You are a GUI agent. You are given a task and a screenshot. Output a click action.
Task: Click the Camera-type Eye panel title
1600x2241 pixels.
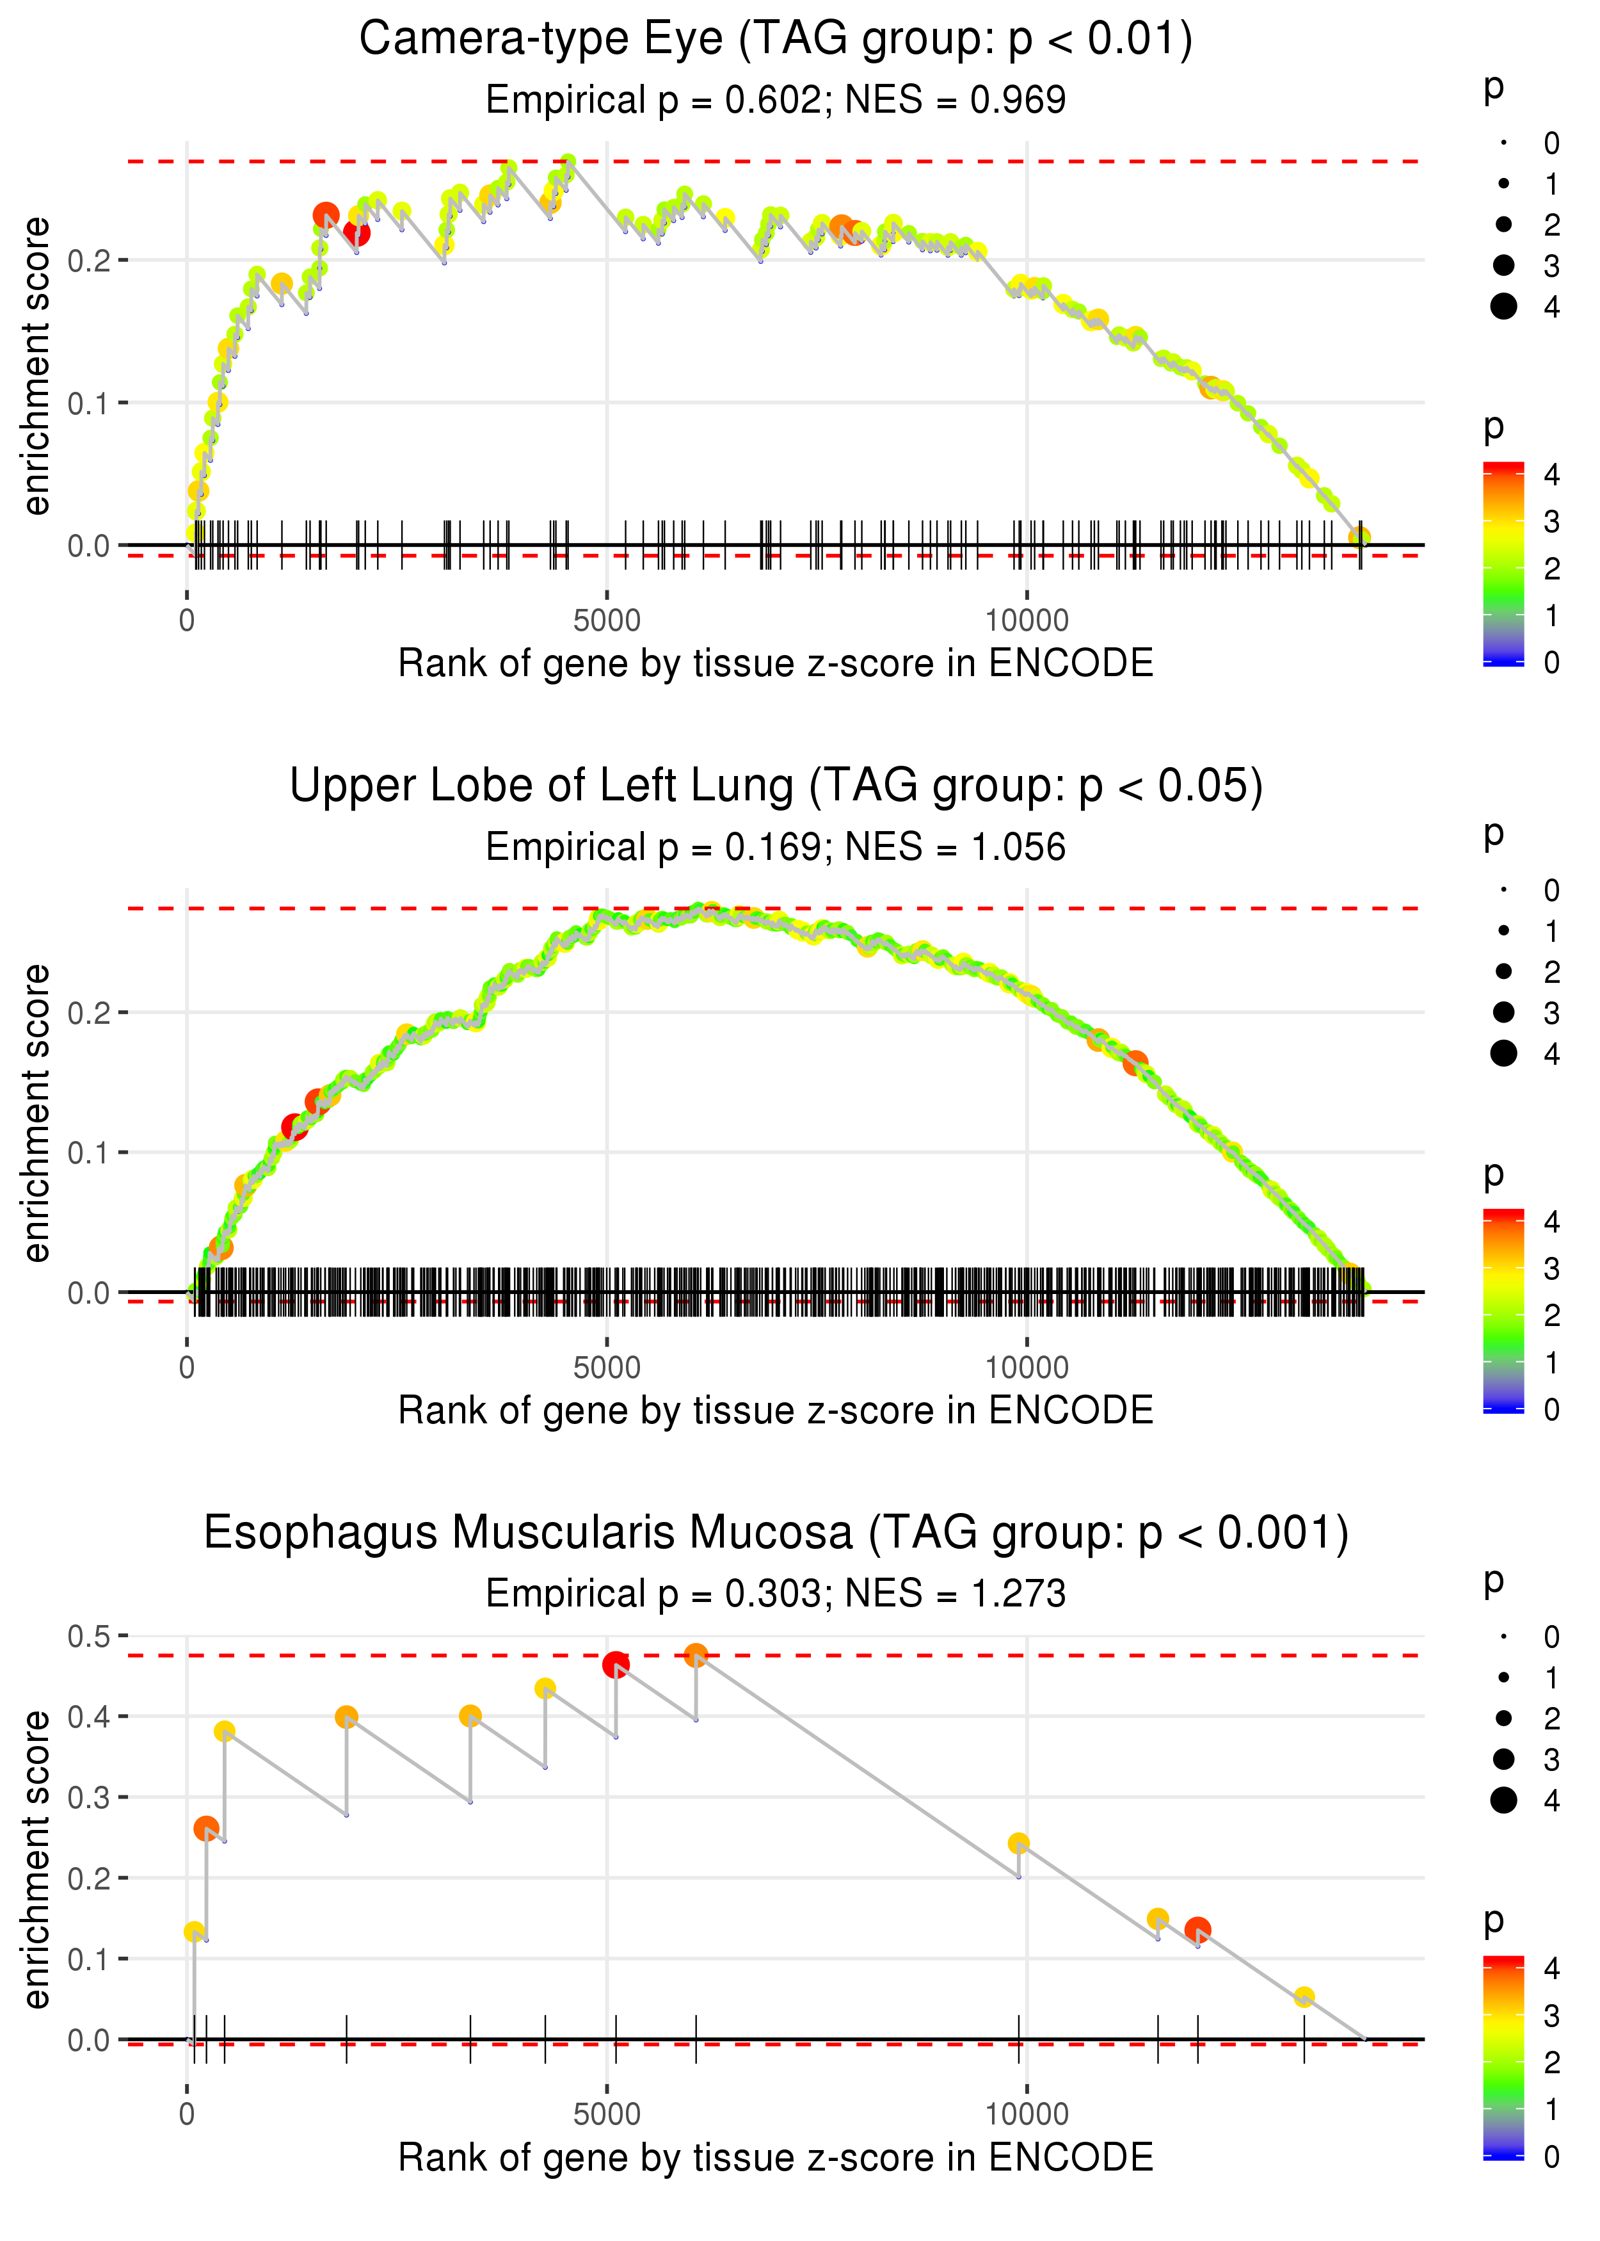coord(776,40)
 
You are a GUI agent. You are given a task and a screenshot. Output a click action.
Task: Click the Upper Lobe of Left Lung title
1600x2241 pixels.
coord(776,786)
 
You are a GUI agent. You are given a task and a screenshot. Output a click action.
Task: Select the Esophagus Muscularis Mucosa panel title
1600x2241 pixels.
coord(776,1533)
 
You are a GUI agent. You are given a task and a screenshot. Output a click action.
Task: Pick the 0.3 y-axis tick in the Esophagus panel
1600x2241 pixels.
coord(89,1797)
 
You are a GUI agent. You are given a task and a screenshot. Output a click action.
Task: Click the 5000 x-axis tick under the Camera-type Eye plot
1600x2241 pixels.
coord(607,621)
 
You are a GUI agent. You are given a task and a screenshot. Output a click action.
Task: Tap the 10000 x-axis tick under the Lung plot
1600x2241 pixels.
coord(1027,1368)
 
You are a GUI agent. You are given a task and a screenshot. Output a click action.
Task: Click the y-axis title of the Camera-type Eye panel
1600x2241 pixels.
coord(36,367)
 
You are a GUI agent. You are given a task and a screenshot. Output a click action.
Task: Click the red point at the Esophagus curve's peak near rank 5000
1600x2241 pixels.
coord(616,1665)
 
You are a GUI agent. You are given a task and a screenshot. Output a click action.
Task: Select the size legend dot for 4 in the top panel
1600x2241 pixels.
coord(1503,307)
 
